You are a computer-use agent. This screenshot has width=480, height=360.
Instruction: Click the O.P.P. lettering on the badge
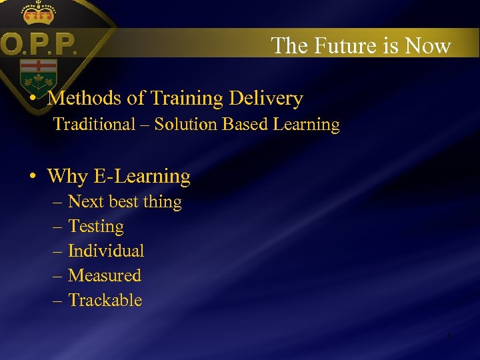(39, 45)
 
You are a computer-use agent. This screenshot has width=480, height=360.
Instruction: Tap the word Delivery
(266, 99)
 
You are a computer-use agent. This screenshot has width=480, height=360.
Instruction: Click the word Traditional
(94, 125)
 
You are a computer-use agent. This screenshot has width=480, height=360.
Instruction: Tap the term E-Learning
(141, 177)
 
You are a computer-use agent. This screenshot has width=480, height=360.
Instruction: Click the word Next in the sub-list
(84, 202)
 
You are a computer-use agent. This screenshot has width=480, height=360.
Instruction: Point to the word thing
(162, 202)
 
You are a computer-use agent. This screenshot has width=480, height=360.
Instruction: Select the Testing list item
(96, 227)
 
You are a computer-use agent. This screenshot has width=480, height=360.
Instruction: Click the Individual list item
(106, 251)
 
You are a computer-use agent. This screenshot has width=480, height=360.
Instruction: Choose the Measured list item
(105, 276)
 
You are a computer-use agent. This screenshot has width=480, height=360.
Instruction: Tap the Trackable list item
(105, 301)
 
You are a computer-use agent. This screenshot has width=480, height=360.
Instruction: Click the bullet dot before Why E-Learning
(32, 177)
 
